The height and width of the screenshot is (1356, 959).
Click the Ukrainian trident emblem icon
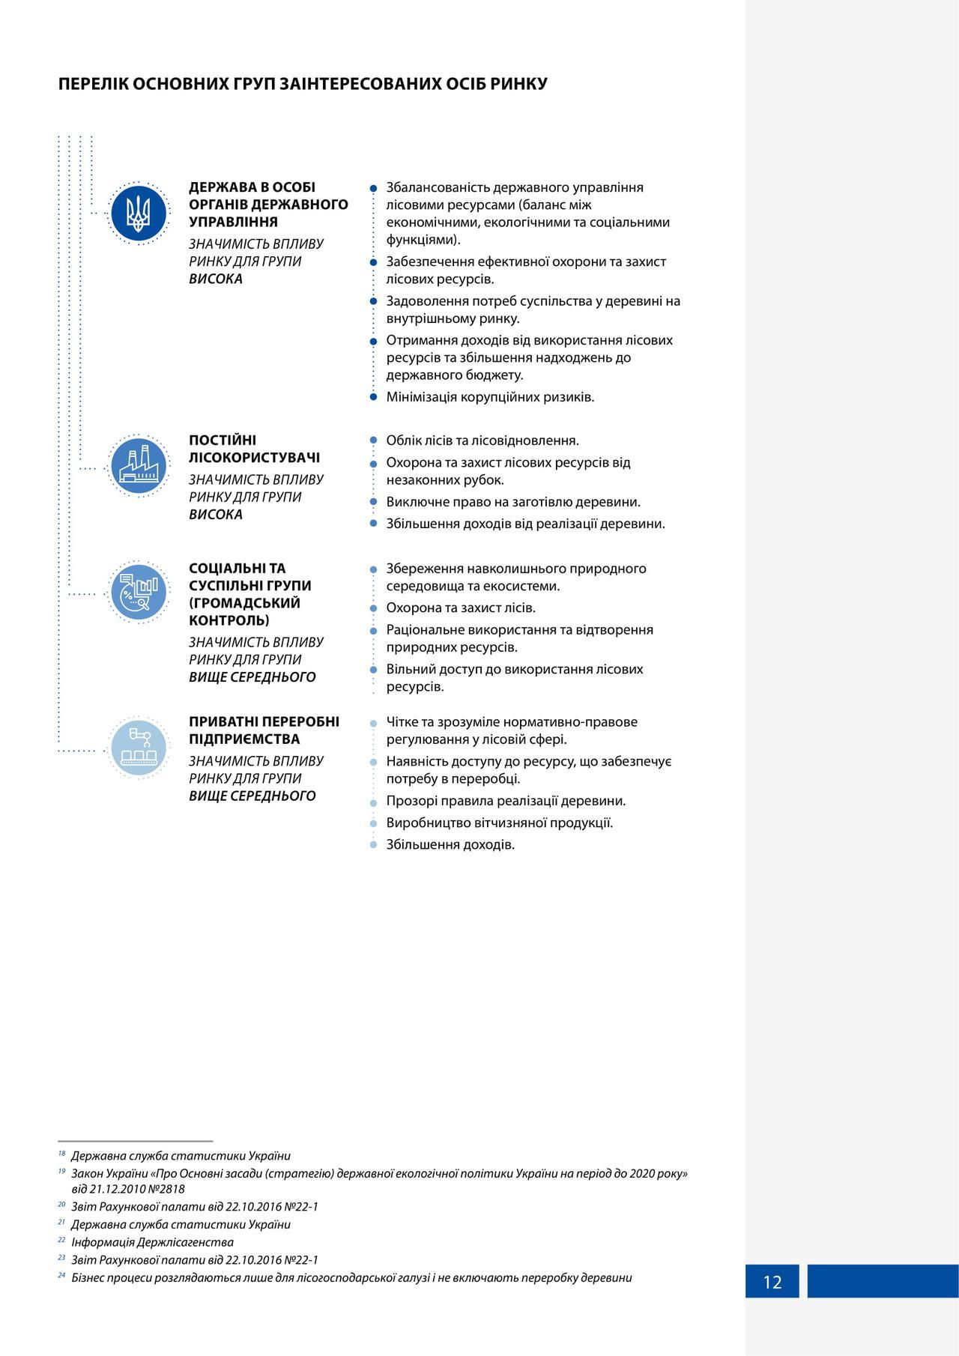[139, 214]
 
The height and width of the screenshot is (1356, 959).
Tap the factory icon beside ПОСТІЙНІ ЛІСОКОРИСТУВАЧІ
[139, 466]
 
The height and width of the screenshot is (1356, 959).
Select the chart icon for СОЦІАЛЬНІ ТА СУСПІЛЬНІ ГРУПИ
[139, 593]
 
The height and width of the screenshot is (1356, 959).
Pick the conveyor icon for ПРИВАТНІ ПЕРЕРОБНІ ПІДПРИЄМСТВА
[139, 748]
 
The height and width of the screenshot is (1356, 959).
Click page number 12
[772, 1282]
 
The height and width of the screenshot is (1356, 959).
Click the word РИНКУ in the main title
[518, 84]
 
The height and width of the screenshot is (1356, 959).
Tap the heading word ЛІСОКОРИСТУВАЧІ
[254, 458]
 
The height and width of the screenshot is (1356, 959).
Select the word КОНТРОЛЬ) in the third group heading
[229, 620]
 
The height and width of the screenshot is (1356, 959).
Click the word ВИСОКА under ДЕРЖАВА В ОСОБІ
[216, 279]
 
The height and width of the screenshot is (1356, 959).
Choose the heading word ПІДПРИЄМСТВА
[244, 739]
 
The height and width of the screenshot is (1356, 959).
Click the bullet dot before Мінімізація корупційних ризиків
[373, 397]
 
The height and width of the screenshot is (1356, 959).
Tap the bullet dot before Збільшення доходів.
[373, 845]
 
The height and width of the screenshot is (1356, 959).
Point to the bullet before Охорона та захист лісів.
[373, 608]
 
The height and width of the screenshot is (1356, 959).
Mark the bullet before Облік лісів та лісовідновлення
[373, 441]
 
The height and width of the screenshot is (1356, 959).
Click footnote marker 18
[61, 1154]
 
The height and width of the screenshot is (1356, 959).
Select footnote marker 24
[61, 1275]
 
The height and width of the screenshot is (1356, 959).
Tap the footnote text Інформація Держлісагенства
[152, 1242]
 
